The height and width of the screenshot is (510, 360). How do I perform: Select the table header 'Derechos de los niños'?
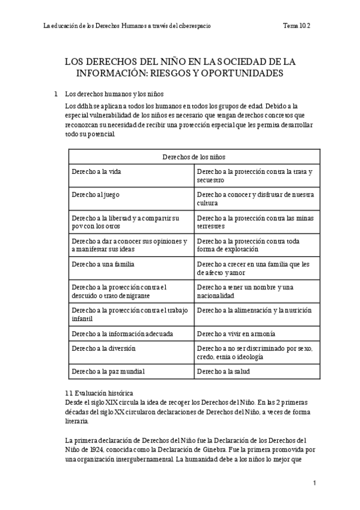pos(194,156)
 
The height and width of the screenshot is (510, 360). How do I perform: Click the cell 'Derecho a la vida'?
pos(96,171)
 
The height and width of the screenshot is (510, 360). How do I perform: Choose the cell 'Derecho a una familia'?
pos(102,264)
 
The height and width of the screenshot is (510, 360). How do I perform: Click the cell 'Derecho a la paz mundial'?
pos(108,371)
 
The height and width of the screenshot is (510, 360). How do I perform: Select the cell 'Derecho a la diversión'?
pos(103,348)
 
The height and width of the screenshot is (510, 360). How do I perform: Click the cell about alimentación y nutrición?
pos(254,310)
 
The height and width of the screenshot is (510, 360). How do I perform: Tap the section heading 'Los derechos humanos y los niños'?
pos(114,94)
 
